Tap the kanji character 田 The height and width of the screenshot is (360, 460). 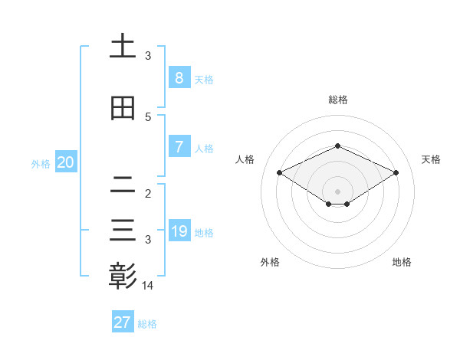pos(123,109)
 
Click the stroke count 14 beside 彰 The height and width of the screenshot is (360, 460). pos(148,286)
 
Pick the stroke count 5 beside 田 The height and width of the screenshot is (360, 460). pos(148,117)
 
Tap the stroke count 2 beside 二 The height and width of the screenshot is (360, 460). pos(148,194)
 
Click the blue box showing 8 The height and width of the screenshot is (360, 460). pos(179,78)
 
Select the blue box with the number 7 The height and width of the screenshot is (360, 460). pos(179,147)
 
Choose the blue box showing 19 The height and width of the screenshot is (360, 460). pos(179,231)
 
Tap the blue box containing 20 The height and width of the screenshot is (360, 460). pos(65,162)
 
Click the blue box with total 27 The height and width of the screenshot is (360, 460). pos(123,322)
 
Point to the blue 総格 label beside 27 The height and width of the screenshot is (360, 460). pos(147,324)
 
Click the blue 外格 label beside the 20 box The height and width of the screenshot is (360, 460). pos(41,164)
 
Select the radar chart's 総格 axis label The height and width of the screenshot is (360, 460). pos(338,100)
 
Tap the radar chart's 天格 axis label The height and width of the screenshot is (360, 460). pos(431,159)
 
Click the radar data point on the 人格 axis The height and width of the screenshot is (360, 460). pos(280,173)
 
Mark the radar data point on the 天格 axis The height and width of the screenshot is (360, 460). pos(396,173)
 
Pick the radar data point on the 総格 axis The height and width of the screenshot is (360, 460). pos(338,146)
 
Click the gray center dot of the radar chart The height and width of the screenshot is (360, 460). pos(338,191)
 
